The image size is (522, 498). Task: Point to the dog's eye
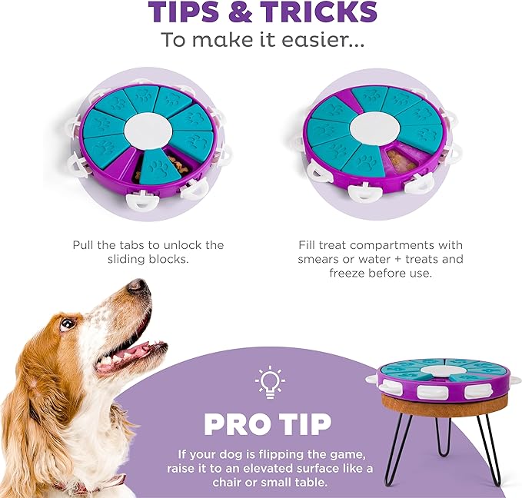[x=67, y=324]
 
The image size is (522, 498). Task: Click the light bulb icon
[x=270, y=382]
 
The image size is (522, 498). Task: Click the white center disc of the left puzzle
[x=148, y=130]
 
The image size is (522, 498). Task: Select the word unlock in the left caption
[x=184, y=245]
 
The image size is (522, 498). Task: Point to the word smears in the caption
[x=319, y=259]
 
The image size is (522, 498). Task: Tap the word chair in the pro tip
[x=229, y=482]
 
